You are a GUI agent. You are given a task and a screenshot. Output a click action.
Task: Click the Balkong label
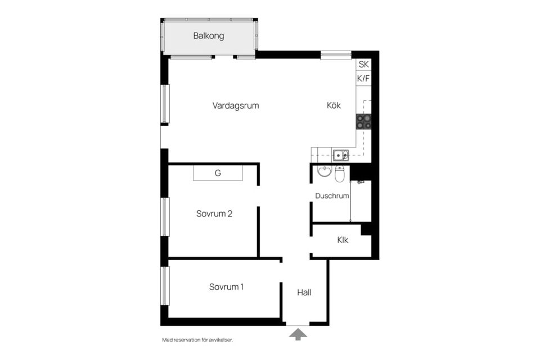coord(208,36)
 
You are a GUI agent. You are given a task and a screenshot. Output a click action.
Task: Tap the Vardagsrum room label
coord(236,106)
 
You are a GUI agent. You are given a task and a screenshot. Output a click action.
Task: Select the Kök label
coord(334,105)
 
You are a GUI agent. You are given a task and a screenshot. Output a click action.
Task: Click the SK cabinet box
coord(364,64)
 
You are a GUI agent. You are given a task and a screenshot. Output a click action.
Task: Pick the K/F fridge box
coord(364,78)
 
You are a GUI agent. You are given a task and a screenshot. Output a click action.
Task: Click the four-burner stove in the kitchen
coord(364,121)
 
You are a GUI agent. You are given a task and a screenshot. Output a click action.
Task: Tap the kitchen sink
coord(341,155)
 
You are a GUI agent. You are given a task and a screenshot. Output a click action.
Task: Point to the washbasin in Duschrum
coord(324,171)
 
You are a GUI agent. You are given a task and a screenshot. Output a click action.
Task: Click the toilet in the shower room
coord(340,174)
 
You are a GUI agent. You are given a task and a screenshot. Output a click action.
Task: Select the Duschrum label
coord(332,196)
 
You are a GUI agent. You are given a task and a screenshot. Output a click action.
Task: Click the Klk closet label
coord(343,240)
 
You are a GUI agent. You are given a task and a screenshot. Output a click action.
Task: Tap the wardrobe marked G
coord(218,173)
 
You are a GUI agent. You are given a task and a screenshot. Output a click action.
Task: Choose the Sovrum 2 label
coord(214,214)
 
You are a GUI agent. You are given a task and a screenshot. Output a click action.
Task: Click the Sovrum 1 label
coord(226,287)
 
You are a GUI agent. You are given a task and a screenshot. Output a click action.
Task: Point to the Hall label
coord(304,292)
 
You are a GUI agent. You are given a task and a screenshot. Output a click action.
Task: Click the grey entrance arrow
coord(298,334)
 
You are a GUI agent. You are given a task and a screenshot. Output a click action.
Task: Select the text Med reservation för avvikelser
coord(197,340)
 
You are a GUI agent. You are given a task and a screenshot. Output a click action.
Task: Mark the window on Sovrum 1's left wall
coord(165,286)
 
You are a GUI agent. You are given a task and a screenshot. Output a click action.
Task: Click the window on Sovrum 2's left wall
coord(165,217)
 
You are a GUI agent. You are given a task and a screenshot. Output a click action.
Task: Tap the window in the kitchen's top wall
coord(336,55)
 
